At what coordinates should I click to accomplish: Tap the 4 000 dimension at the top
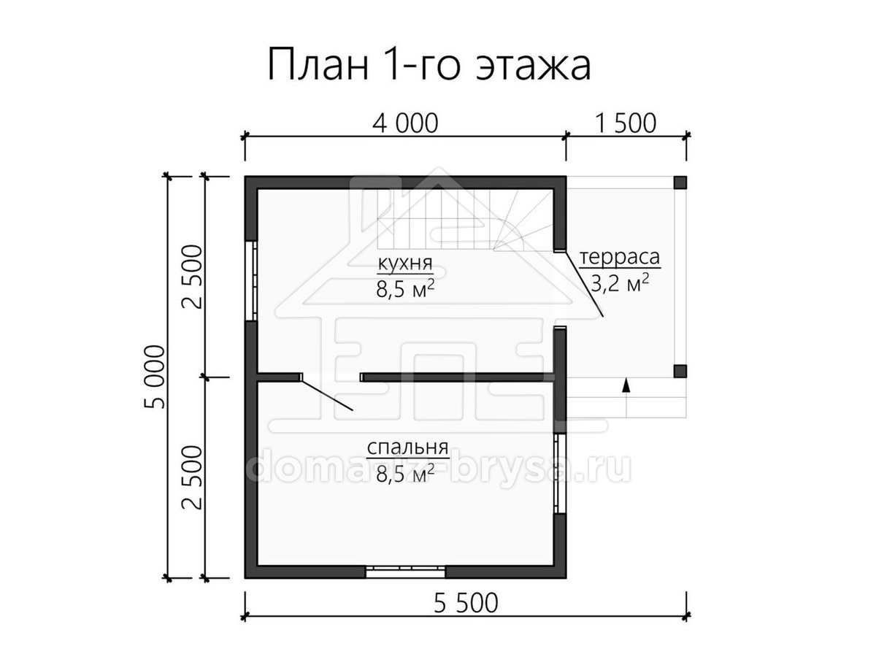click(405, 123)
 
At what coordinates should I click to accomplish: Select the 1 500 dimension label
click(626, 123)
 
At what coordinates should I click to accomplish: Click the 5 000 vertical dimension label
click(154, 377)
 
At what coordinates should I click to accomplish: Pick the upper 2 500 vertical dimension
click(192, 277)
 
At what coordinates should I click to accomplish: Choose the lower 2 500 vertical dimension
click(192, 477)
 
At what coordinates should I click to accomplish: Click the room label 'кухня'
click(405, 264)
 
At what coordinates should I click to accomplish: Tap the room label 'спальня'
click(407, 448)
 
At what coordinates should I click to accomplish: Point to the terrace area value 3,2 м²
click(619, 284)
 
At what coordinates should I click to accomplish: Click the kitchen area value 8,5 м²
click(405, 289)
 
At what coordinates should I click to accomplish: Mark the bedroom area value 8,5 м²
click(405, 474)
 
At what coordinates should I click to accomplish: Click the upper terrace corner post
click(680, 182)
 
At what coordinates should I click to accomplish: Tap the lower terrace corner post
click(680, 371)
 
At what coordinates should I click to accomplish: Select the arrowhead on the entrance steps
click(626, 385)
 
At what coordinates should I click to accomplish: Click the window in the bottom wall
click(405, 572)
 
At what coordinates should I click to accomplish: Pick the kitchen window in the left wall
click(251, 280)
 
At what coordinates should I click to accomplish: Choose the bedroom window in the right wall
click(560, 473)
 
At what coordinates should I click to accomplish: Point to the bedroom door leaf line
click(327, 396)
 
